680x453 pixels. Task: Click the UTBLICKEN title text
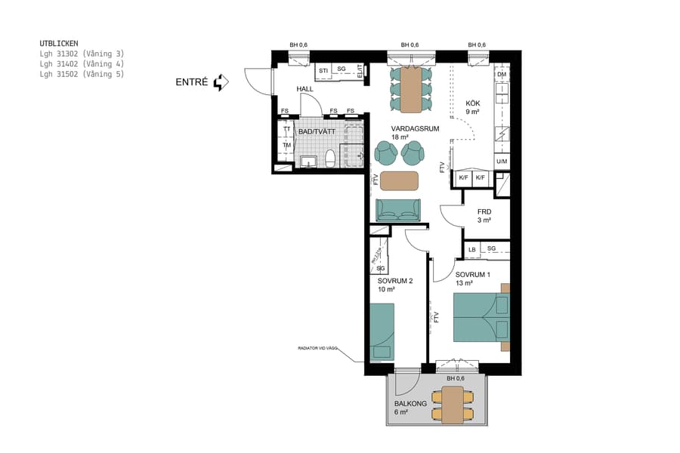59,44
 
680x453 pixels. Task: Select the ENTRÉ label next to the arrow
191,82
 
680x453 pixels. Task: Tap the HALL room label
304,89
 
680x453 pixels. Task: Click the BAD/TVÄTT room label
317,131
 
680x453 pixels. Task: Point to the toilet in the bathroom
330,159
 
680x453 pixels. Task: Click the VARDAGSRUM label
415,129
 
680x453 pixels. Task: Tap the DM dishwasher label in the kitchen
502,75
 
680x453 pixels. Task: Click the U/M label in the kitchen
502,162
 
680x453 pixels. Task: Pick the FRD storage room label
484,211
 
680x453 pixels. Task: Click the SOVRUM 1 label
473,274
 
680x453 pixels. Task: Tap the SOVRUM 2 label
395,281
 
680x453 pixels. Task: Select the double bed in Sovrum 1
481,318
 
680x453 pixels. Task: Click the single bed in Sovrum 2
382,331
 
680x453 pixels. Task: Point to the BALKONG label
410,404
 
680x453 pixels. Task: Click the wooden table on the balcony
453,405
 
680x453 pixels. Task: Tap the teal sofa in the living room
398,210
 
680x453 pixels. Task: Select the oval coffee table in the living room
399,180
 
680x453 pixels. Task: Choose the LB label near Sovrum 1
471,249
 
